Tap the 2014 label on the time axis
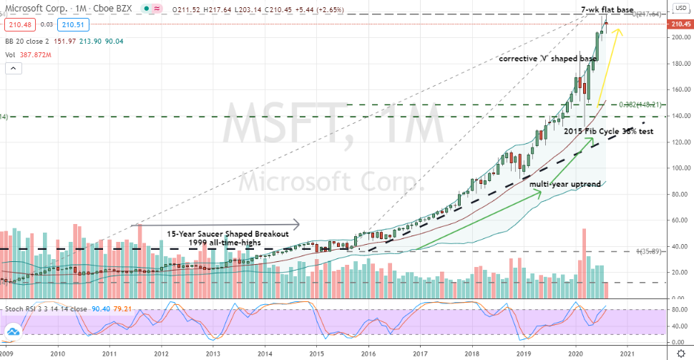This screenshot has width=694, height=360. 265,354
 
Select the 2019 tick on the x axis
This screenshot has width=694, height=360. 524,354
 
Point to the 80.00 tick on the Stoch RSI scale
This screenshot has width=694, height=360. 679,311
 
